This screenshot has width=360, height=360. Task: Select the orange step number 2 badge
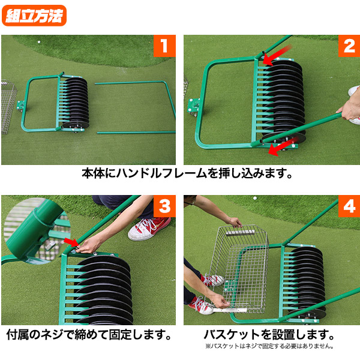349,46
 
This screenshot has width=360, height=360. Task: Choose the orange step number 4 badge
349,206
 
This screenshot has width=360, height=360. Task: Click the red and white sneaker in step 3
148,228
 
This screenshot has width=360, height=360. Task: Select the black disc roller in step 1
77,102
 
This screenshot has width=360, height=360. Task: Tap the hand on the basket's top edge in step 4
235,222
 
